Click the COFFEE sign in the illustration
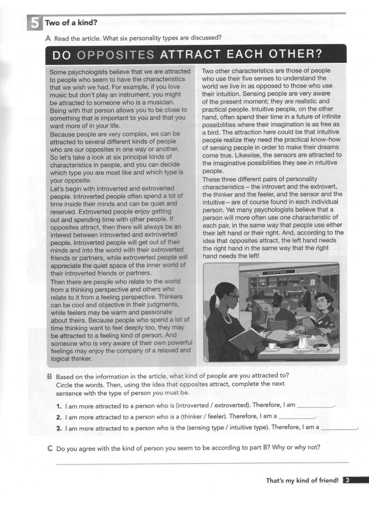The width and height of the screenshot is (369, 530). point(277,272)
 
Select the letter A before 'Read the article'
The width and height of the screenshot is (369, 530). point(48,39)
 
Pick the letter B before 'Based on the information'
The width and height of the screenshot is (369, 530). point(49,376)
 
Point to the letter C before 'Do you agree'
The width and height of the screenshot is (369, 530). point(50,449)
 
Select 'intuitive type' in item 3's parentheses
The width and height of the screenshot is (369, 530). point(249,428)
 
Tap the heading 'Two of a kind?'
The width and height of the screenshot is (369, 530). point(71,23)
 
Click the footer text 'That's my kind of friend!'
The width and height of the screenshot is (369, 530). point(302,480)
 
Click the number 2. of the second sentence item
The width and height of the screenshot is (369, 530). point(59,417)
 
